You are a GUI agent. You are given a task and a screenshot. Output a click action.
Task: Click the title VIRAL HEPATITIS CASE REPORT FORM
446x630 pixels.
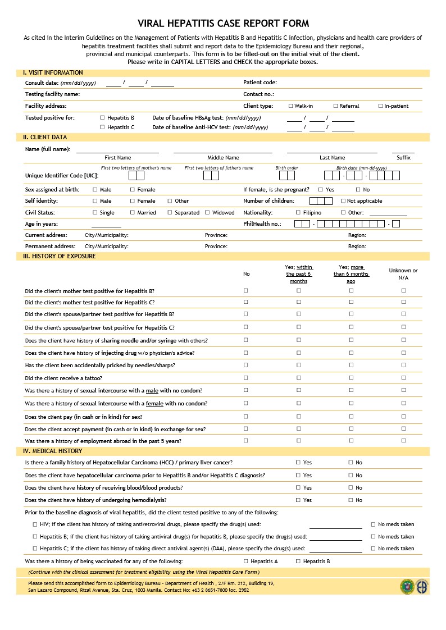tap(223, 23)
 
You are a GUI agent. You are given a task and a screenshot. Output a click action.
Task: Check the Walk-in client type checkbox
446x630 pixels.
tap(290, 106)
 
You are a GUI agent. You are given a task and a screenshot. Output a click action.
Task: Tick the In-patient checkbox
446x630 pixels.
tap(380, 106)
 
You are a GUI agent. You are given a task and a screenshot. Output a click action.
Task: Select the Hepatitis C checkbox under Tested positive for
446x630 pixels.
tap(102, 127)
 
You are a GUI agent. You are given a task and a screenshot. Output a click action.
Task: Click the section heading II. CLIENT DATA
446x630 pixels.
tap(45, 137)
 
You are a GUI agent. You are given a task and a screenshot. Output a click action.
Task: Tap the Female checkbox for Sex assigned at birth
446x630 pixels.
tap(133, 190)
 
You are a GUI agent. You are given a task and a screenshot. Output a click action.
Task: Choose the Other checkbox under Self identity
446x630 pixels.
tap(170, 201)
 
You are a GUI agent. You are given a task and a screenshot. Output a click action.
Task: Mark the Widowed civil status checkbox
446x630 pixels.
tap(207, 213)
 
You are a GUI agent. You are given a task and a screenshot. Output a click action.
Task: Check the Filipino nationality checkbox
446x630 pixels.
tap(298, 213)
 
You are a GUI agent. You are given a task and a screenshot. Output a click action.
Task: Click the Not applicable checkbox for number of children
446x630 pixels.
tap(343, 201)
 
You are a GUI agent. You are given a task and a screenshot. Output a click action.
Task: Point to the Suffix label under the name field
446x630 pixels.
tap(403, 158)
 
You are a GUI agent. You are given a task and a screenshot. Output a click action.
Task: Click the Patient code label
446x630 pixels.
tap(260, 83)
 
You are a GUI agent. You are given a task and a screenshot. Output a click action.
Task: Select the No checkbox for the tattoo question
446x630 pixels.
tap(245, 378)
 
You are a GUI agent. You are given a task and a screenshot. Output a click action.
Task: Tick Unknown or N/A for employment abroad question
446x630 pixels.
tap(403, 441)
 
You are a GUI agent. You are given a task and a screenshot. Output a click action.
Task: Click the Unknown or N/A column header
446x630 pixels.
tap(403, 274)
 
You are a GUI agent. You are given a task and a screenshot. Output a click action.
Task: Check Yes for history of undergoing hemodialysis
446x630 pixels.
tap(298, 500)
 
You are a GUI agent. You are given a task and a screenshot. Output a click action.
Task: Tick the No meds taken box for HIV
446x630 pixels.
tap(373, 524)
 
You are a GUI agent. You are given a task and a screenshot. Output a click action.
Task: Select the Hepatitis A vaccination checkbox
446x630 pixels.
tap(245, 561)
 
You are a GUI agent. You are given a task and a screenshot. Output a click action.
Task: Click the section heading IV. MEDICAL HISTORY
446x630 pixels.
tap(53, 451)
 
